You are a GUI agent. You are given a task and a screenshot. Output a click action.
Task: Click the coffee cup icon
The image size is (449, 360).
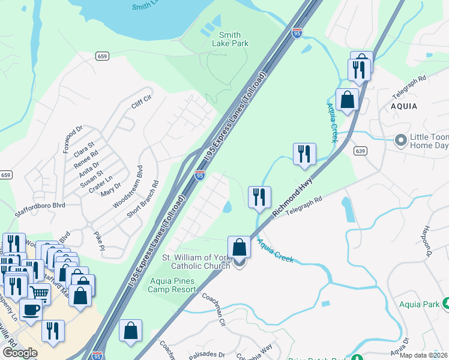tap(31, 309)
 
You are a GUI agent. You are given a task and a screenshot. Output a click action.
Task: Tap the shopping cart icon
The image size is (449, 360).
tap(40, 293)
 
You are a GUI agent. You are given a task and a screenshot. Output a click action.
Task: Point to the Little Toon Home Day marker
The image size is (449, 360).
tap(400, 141)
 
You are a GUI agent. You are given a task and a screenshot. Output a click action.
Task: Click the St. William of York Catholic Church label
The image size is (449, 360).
tap(197, 262)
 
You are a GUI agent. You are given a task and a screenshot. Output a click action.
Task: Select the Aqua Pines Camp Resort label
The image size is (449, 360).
tap(172, 285)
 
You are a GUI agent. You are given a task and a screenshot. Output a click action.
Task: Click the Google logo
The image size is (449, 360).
tap(20, 353)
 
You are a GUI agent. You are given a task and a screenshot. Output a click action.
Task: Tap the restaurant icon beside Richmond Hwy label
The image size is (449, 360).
tap(259, 197)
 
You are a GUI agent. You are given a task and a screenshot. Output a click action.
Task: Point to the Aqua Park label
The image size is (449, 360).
tap(420, 305)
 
